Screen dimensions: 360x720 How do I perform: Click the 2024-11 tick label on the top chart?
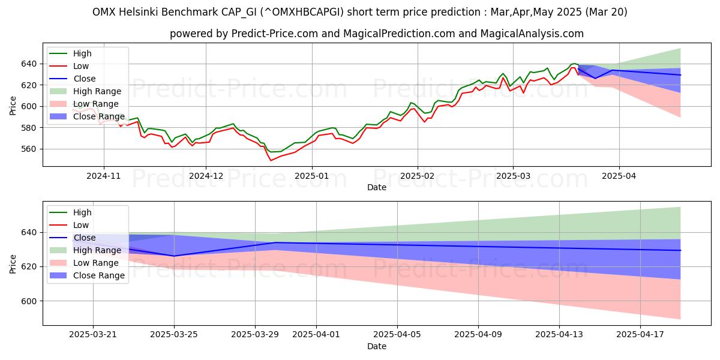pos(104,176)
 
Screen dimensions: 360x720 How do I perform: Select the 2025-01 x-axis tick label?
pos(311,176)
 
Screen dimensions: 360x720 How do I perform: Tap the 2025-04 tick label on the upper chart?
pos(619,176)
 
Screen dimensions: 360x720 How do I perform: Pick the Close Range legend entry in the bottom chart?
pos(98,275)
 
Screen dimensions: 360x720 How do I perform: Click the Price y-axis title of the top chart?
pos(13,106)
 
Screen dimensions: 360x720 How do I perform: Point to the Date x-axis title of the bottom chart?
pos(376,347)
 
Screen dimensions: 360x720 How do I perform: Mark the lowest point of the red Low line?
pos(271,160)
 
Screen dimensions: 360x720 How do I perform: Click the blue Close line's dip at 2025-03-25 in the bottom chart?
pos(174,256)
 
